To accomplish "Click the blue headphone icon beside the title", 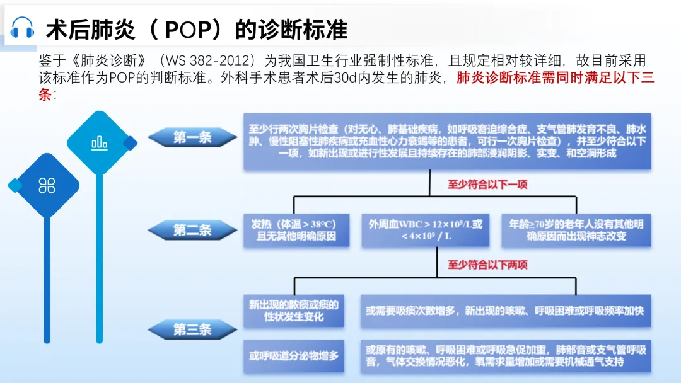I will tap(23, 28).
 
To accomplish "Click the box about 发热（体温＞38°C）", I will tap(294, 231).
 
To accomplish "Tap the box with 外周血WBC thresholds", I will tap(426, 231).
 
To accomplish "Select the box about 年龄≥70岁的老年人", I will tap(575, 231).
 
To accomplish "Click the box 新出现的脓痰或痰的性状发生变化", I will tap(294, 311).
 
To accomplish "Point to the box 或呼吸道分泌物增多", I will tap(294, 355).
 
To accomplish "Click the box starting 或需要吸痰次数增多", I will tap(506, 311).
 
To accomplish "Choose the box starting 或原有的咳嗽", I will tap(506, 355).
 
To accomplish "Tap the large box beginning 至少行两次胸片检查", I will tap(447, 142).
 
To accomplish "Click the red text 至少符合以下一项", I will tap(487, 185).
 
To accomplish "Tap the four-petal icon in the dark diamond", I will tap(47, 185).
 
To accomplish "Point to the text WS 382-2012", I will tap(210, 61).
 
